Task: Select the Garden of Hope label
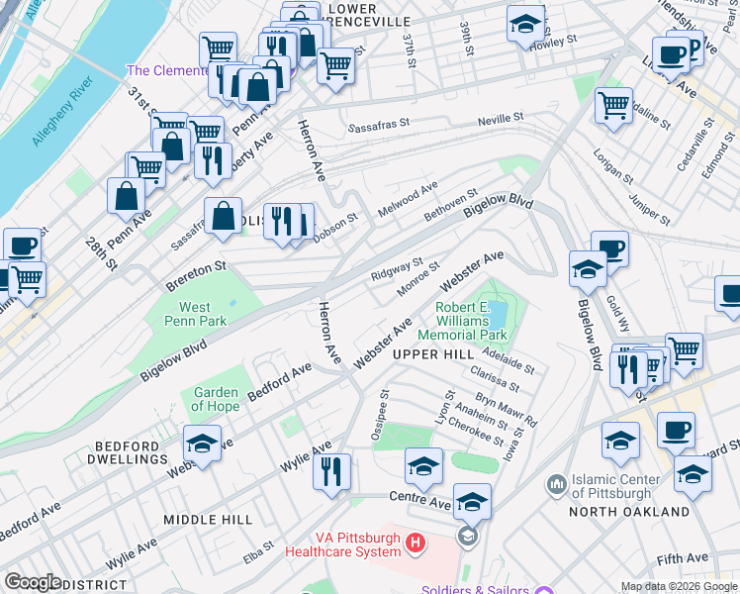point(215,399)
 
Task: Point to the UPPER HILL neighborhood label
point(432,354)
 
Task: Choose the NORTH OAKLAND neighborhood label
point(628,512)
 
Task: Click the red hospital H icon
point(416,544)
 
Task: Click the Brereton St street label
point(196,267)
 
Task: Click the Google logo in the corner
point(34,582)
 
